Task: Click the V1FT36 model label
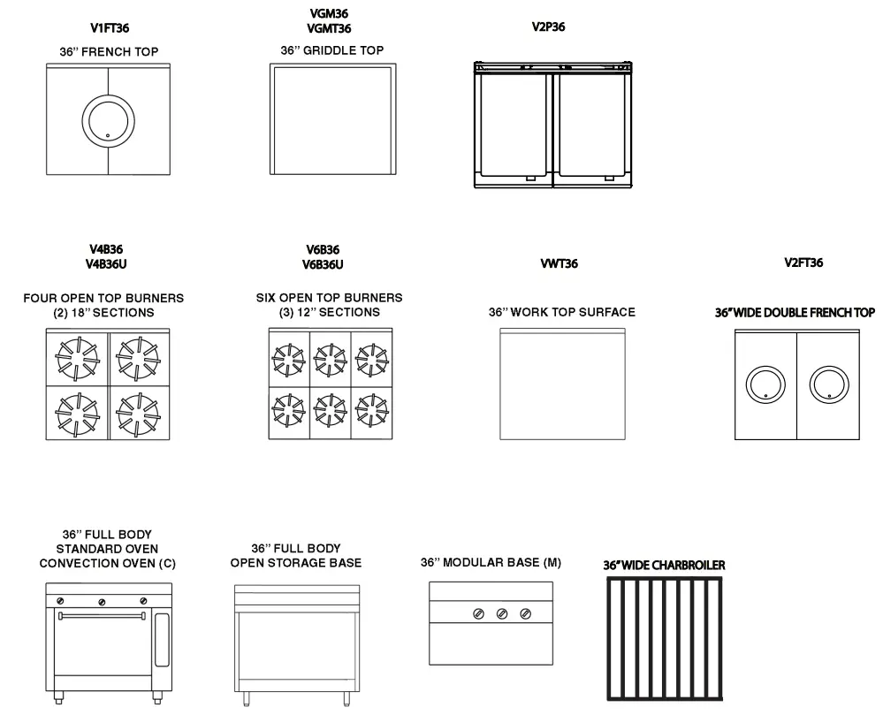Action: [x=110, y=28]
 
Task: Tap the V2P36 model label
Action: [x=548, y=27]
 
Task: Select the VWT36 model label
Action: [x=559, y=263]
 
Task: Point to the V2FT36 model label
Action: [x=803, y=262]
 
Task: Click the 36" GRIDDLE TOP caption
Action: [x=332, y=51]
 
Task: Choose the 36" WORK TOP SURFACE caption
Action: [x=562, y=312]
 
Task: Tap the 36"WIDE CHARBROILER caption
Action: [x=664, y=564]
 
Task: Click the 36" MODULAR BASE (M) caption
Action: [x=491, y=562]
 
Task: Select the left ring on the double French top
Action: [x=765, y=384]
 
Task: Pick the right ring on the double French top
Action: [x=829, y=384]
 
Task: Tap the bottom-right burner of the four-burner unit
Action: [x=138, y=412]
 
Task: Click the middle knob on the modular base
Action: [x=502, y=613]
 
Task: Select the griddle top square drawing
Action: [x=331, y=118]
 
